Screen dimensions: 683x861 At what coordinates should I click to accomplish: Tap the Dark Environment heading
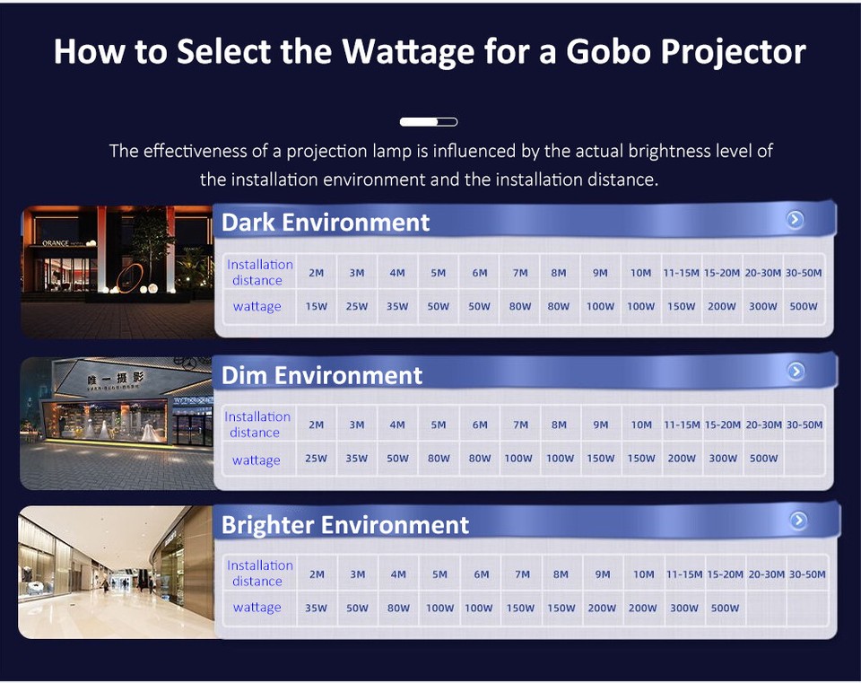[x=326, y=223]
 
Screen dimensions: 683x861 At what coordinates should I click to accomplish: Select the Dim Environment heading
[x=322, y=375]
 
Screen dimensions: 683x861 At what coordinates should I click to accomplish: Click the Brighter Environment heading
[x=345, y=525]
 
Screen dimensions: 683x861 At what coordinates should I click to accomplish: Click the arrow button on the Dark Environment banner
[x=795, y=220]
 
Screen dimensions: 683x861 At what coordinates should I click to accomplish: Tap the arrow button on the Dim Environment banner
[x=796, y=371]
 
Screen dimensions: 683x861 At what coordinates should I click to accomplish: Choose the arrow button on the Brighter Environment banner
[x=797, y=521]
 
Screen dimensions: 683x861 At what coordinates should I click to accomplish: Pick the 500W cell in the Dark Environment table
[x=804, y=306]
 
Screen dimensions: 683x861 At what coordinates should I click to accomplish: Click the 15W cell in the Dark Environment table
[x=316, y=306]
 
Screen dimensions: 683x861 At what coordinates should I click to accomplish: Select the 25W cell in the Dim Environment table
[x=316, y=459]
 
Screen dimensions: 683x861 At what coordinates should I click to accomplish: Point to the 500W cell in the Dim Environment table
[x=763, y=459]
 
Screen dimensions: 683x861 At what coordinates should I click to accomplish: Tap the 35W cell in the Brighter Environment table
[x=316, y=608]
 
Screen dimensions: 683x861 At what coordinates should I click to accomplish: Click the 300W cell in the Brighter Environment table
[x=684, y=608]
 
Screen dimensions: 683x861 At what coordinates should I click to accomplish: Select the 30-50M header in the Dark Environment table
[x=804, y=273]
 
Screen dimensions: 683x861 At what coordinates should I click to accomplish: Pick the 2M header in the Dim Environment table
[x=316, y=425]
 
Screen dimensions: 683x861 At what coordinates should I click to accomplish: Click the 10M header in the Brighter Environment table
[x=643, y=574]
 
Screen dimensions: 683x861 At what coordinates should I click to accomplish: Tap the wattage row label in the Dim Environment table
[x=257, y=460]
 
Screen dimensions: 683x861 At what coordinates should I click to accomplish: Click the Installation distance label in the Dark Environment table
[x=259, y=272]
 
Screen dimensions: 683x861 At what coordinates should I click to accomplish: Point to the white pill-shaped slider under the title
[x=429, y=121]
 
